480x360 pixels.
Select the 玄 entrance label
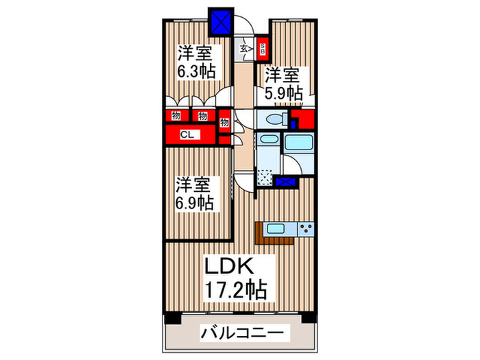[244, 49]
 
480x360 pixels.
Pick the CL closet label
[186, 135]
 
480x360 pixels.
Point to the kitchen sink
[276, 230]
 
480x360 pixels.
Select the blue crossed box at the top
[221, 21]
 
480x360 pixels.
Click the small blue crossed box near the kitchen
[287, 182]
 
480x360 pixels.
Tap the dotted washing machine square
[265, 178]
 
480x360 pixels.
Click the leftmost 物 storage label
[176, 116]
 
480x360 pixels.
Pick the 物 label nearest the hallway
[224, 123]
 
